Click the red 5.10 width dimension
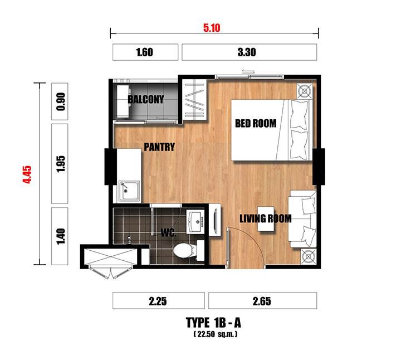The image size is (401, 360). [212, 28]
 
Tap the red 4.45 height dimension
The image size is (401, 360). [27, 174]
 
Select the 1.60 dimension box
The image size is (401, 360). [145, 52]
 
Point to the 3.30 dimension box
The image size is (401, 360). [250, 52]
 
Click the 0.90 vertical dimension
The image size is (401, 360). [60, 101]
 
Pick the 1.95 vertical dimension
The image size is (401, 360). [60, 164]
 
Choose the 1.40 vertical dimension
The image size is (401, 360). [60, 236]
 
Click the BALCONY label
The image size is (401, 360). [146, 99]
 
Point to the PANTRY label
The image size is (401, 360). [159, 147]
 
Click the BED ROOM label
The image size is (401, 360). [256, 123]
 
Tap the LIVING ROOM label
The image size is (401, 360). [266, 218]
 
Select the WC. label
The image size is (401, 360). [169, 232]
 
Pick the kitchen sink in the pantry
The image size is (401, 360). [129, 191]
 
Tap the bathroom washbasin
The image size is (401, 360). [195, 221]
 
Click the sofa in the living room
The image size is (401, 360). [302, 219]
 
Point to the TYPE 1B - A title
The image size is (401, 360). [213, 323]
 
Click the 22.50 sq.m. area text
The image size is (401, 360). [216, 334]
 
